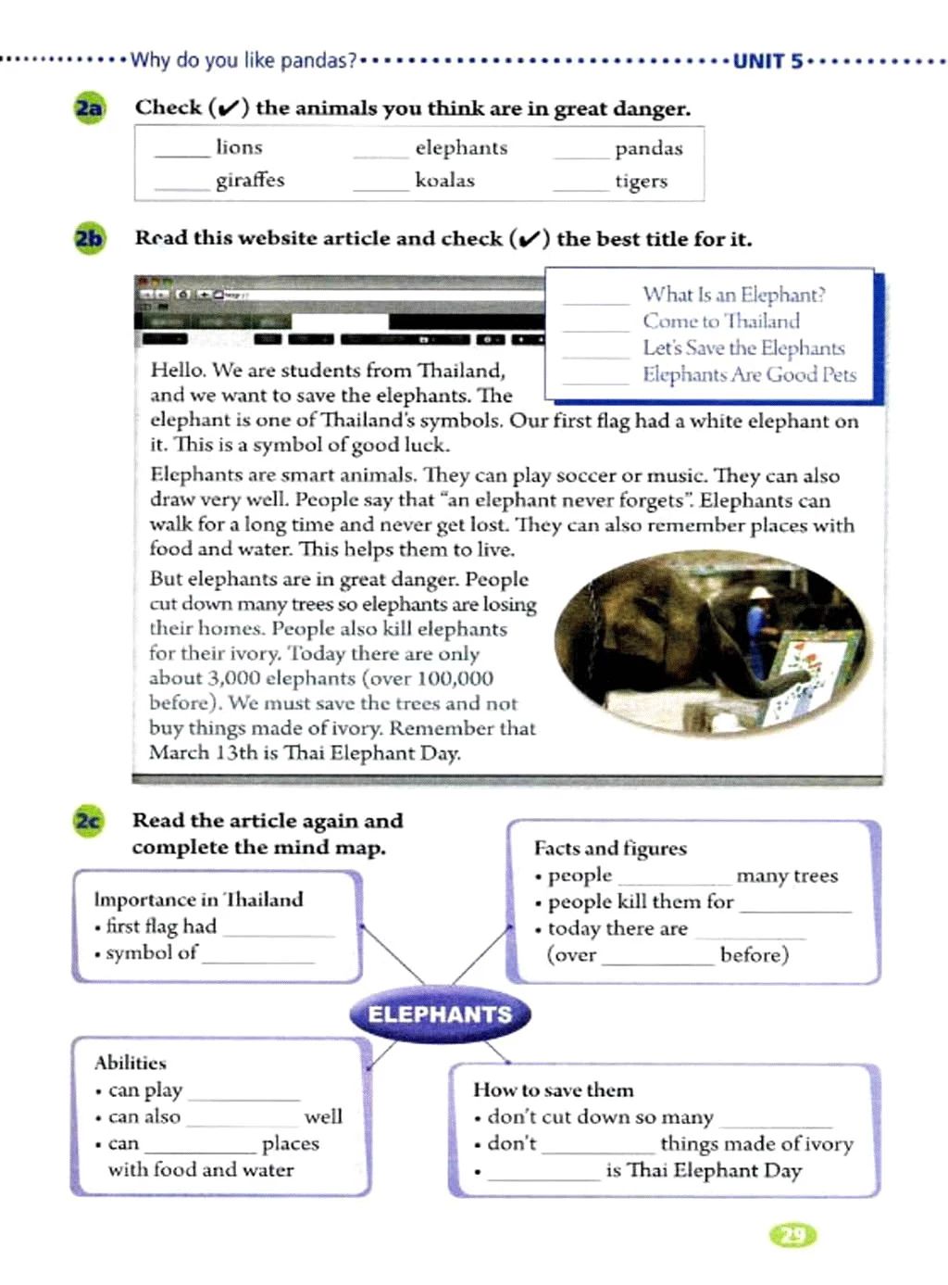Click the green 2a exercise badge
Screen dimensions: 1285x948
coord(89,108)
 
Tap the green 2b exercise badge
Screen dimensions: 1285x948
coord(89,239)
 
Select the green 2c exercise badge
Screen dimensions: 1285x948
coord(88,822)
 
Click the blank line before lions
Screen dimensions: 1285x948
coord(182,154)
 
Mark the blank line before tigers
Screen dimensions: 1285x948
coord(580,187)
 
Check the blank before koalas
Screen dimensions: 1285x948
coord(380,187)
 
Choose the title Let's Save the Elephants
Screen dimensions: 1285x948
coord(743,348)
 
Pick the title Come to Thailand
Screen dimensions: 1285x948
coord(721,321)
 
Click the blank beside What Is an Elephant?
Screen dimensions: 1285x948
coord(595,301)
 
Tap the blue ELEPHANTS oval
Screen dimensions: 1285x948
coord(440,1014)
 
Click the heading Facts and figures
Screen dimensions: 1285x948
coord(610,849)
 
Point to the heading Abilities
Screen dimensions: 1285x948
coord(131,1063)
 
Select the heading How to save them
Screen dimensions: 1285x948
coord(554,1090)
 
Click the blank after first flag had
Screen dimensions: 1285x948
coord(279,933)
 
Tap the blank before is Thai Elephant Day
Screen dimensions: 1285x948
coord(544,1177)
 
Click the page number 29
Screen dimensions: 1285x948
coord(793,1235)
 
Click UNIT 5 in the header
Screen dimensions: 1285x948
coord(767,62)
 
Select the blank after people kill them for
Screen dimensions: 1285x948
coord(795,909)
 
